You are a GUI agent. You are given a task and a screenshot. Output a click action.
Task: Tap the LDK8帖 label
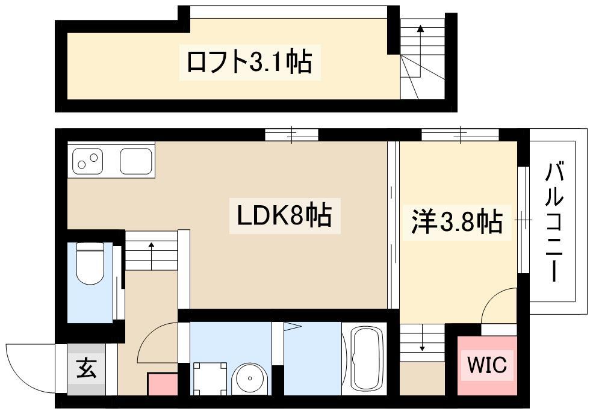(284, 215)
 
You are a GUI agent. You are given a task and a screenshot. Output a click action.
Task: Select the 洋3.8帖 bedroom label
(457, 222)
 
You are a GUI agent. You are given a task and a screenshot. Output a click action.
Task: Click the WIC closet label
(486, 365)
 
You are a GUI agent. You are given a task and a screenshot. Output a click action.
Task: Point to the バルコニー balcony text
(554, 221)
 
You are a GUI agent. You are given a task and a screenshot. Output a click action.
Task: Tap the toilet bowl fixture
(90, 263)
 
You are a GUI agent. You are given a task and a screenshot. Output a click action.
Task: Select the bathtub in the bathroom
(365, 359)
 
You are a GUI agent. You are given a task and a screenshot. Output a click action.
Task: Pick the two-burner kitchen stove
(87, 161)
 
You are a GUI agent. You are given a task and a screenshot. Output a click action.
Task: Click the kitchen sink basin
(136, 161)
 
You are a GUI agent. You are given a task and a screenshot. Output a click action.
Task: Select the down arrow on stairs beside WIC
(422, 337)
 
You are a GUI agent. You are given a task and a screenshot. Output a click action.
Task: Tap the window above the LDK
(291, 135)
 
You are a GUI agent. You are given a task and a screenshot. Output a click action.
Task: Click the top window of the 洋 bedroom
(461, 135)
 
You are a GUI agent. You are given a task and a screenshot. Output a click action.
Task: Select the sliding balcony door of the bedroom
(523, 220)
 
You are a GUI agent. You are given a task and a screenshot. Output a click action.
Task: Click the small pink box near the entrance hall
(163, 384)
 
